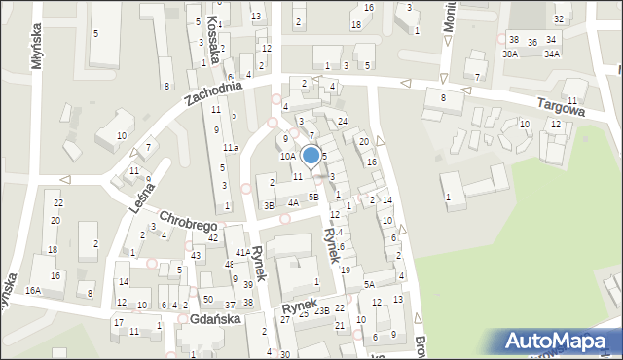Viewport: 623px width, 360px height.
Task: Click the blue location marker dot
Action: (x=311, y=154)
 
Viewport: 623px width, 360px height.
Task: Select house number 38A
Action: (x=510, y=54)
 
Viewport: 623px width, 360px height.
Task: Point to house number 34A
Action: (x=552, y=54)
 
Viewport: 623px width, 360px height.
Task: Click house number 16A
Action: (x=34, y=290)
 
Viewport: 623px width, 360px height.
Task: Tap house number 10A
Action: (x=287, y=156)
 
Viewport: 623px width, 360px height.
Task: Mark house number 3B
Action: (x=269, y=205)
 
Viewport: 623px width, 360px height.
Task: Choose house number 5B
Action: (x=313, y=197)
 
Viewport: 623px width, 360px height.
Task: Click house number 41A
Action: (x=242, y=253)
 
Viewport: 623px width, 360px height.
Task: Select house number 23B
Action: (x=321, y=310)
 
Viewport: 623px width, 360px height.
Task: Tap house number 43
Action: (x=198, y=255)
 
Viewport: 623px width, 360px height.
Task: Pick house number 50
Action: (x=207, y=299)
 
